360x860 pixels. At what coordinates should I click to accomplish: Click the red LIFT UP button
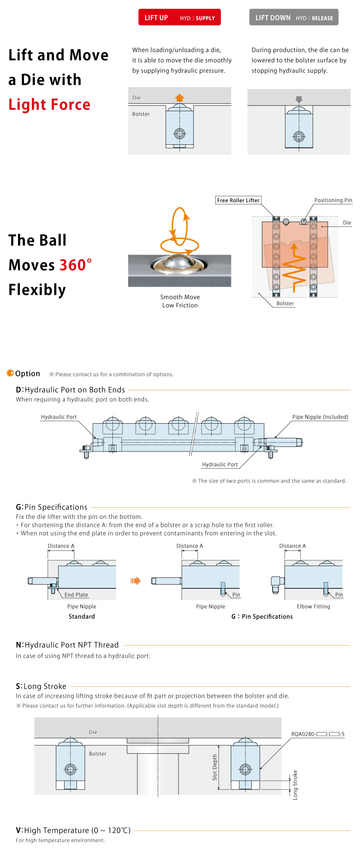(179, 18)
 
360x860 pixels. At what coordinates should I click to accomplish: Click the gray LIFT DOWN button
(294, 18)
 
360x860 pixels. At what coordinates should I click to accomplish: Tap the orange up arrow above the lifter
(180, 98)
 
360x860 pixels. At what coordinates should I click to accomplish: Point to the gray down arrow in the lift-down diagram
(299, 99)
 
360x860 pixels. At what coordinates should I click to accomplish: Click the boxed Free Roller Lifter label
(238, 200)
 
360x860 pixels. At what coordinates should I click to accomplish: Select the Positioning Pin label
(333, 200)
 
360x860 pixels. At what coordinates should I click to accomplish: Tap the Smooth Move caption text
(180, 297)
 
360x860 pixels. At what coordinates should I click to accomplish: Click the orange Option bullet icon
(10, 373)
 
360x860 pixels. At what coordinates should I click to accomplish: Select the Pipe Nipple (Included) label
(320, 417)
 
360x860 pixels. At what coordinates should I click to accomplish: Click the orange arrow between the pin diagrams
(135, 581)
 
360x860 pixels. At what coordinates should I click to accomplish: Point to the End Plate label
(76, 595)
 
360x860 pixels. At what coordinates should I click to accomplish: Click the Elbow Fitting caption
(313, 606)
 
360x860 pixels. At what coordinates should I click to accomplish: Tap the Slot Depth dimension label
(215, 767)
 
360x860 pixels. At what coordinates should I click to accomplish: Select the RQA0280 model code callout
(318, 734)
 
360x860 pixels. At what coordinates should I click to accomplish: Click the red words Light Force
(49, 104)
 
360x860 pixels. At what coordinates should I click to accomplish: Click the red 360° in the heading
(75, 265)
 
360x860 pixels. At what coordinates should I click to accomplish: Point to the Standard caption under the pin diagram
(82, 616)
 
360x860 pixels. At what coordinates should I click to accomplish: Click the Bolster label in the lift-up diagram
(141, 114)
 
